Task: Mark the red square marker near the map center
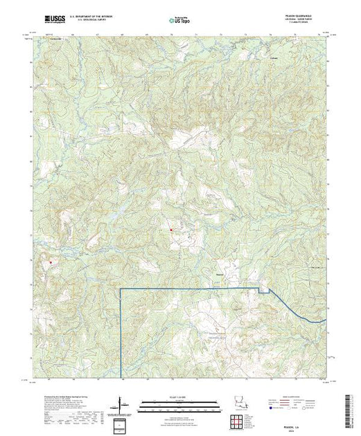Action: coord(170,230)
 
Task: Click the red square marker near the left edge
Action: coord(50,262)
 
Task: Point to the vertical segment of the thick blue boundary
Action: coord(121,332)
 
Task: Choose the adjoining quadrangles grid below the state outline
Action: coord(237,421)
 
